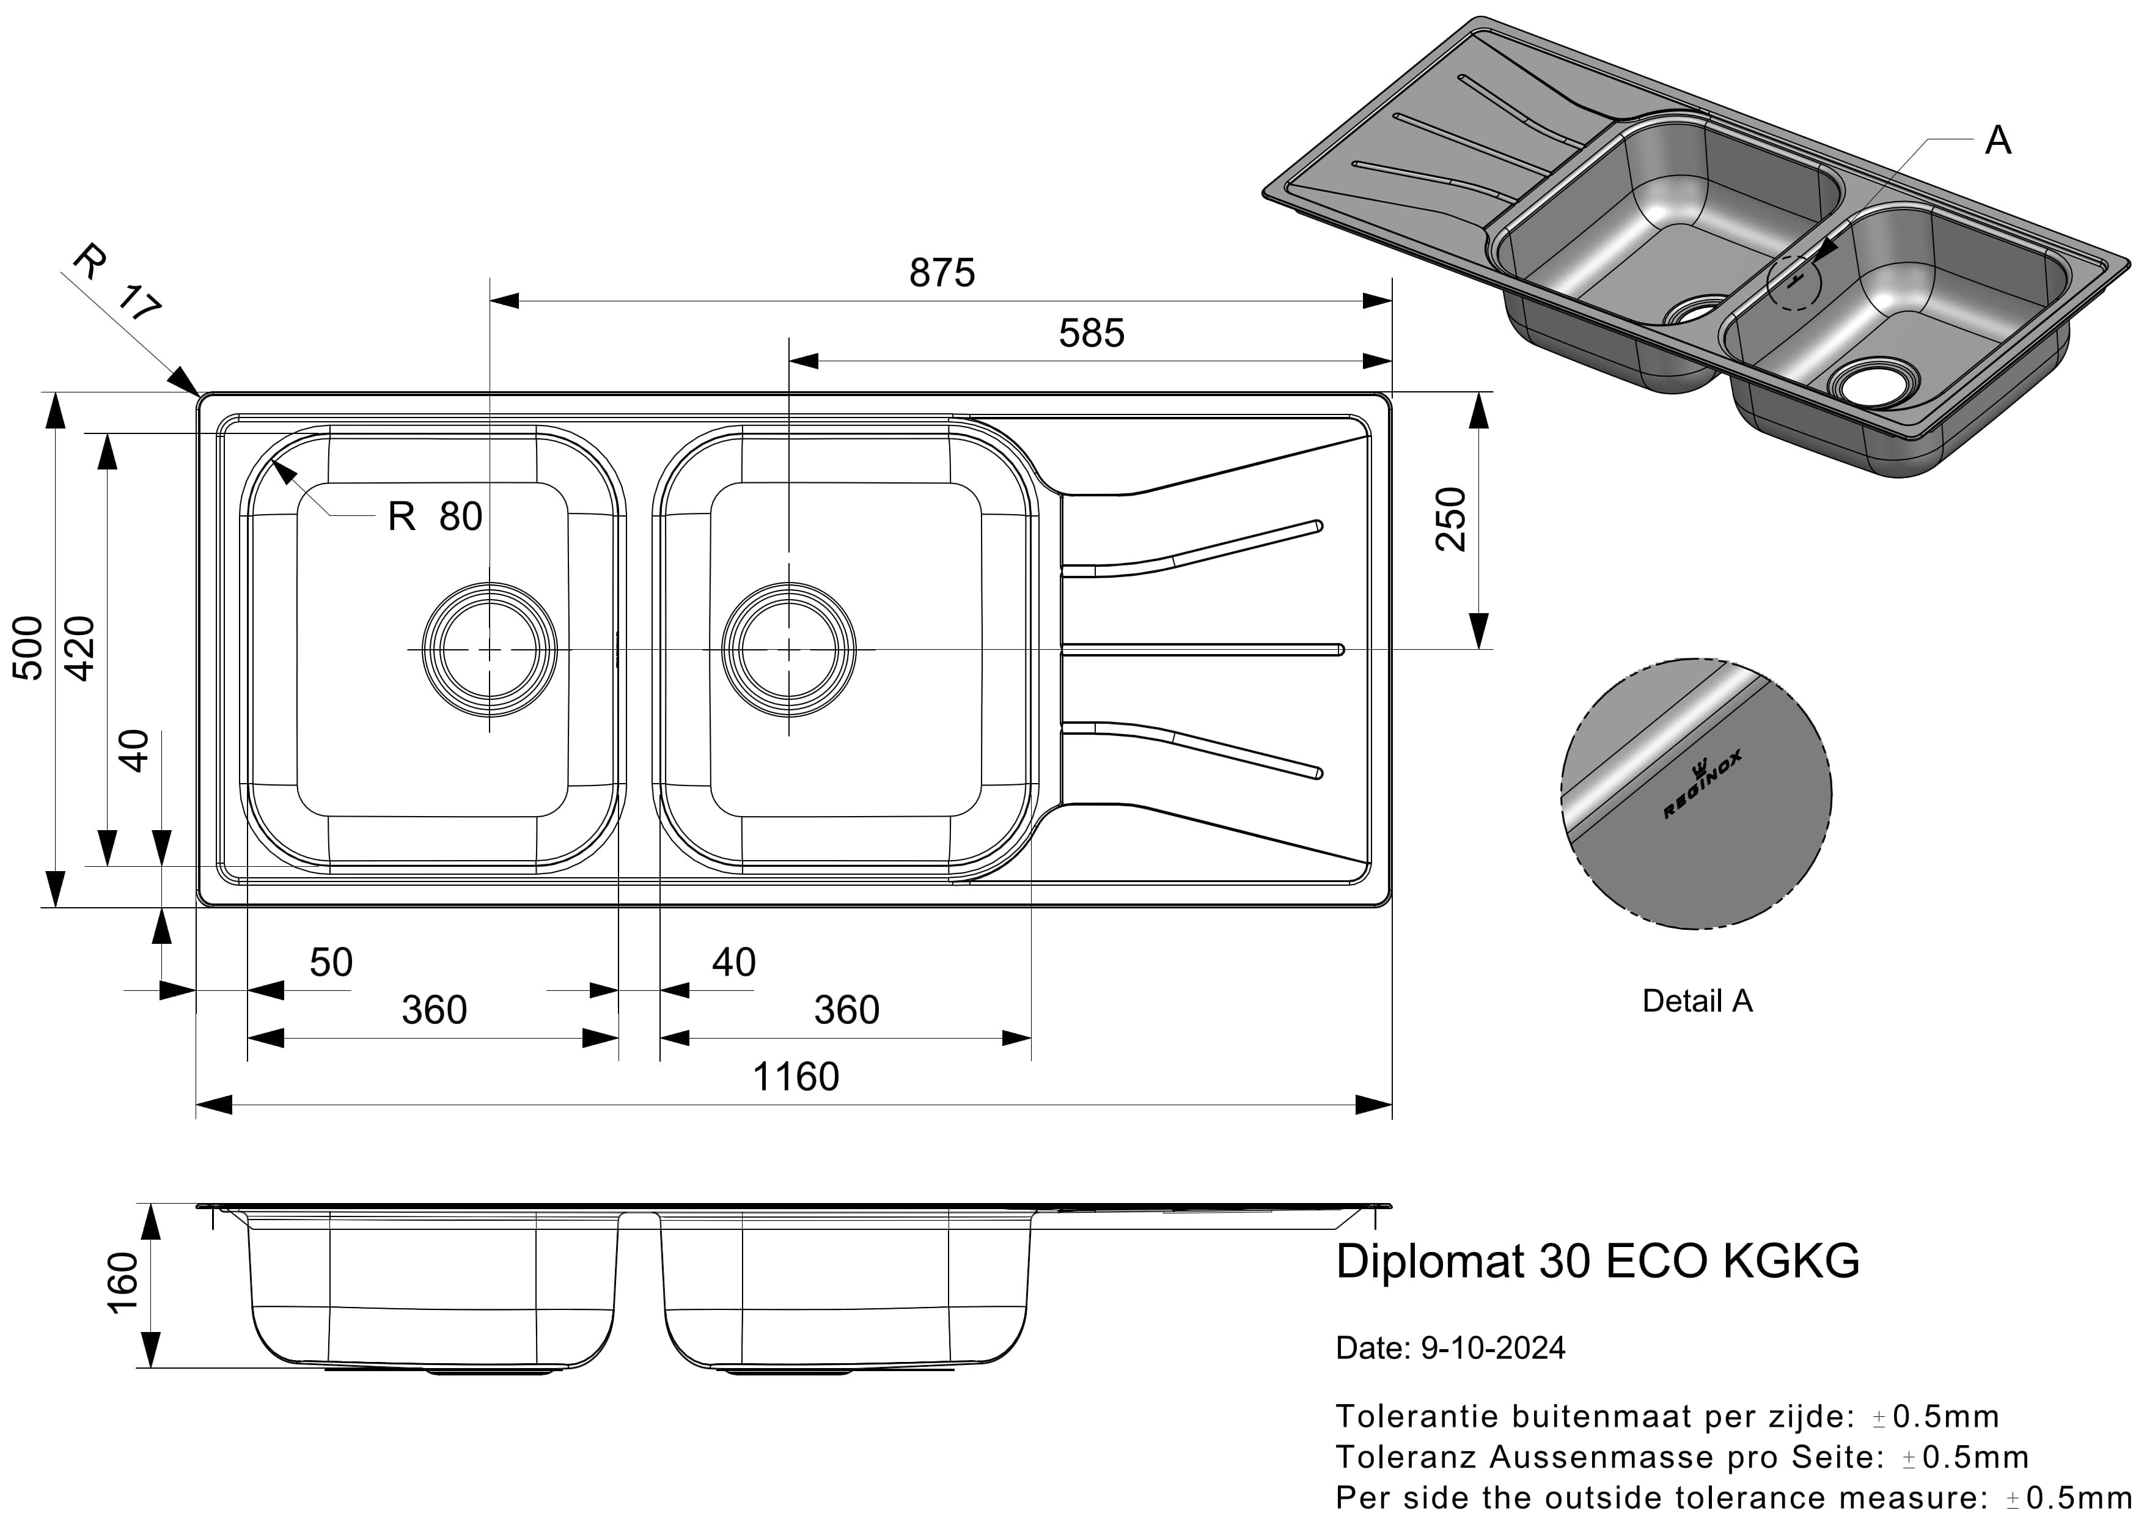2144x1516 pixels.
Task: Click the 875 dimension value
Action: point(941,273)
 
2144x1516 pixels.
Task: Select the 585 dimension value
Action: point(1091,334)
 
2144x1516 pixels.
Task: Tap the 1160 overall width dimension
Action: point(796,1077)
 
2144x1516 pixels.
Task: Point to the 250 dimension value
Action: point(1451,520)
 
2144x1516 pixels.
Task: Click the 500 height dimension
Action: point(28,648)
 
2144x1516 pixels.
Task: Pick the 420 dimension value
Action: point(79,648)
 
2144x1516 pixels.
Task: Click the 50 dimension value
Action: point(331,963)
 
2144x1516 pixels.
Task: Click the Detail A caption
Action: point(1697,1001)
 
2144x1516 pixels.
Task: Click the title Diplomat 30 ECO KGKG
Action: point(1597,1261)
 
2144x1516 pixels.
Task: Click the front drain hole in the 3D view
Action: point(1870,383)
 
